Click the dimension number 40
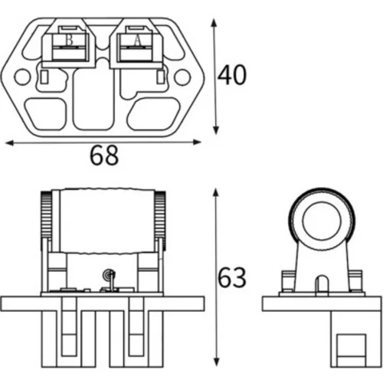(x=232, y=75)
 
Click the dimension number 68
(x=104, y=155)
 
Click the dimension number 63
(x=232, y=277)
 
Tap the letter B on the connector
(x=69, y=41)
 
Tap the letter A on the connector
(x=137, y=41)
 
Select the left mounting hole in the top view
(x=22, y=77)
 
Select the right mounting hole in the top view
(x=183, y=77)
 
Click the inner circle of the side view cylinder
(x=322, y=220)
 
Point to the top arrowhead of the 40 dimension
(x=214, y=24)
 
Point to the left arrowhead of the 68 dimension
(x=10, y=142)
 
